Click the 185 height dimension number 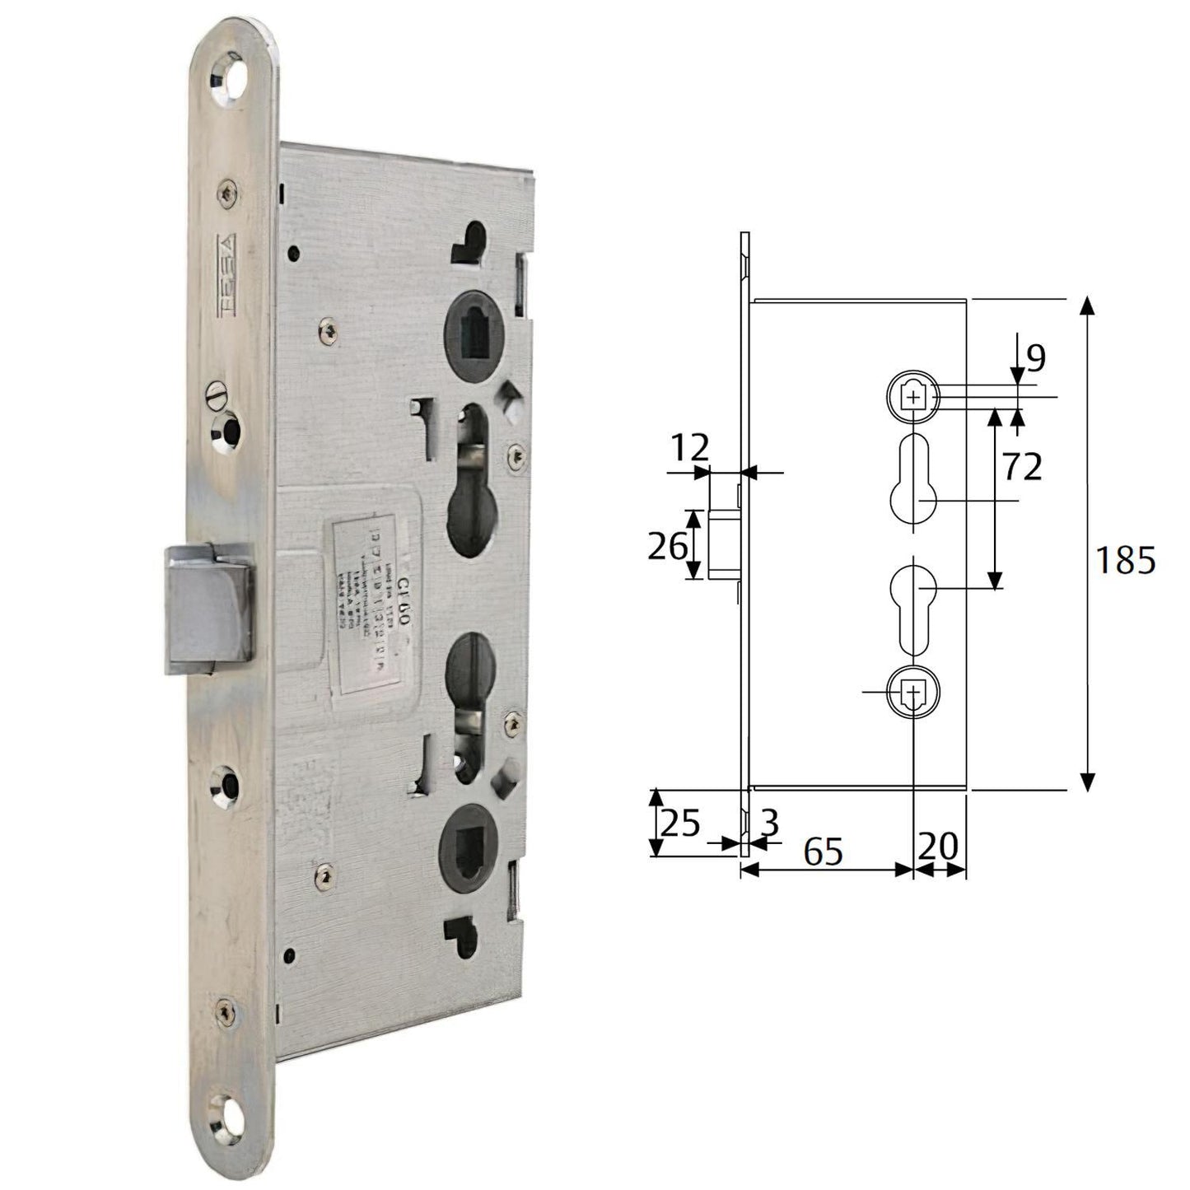coord(1125,561)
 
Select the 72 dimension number coord(1022,467)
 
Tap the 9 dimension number coord(1035,357)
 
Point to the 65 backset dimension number coord(823,851)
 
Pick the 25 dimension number coord(680,822)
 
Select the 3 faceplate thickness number coord(769,823)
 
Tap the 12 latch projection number coord(688,449)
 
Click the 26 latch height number coord(667,545)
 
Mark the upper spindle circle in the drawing coord(912,397)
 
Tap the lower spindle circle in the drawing coord(912,693)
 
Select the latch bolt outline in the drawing coord(724,544)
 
